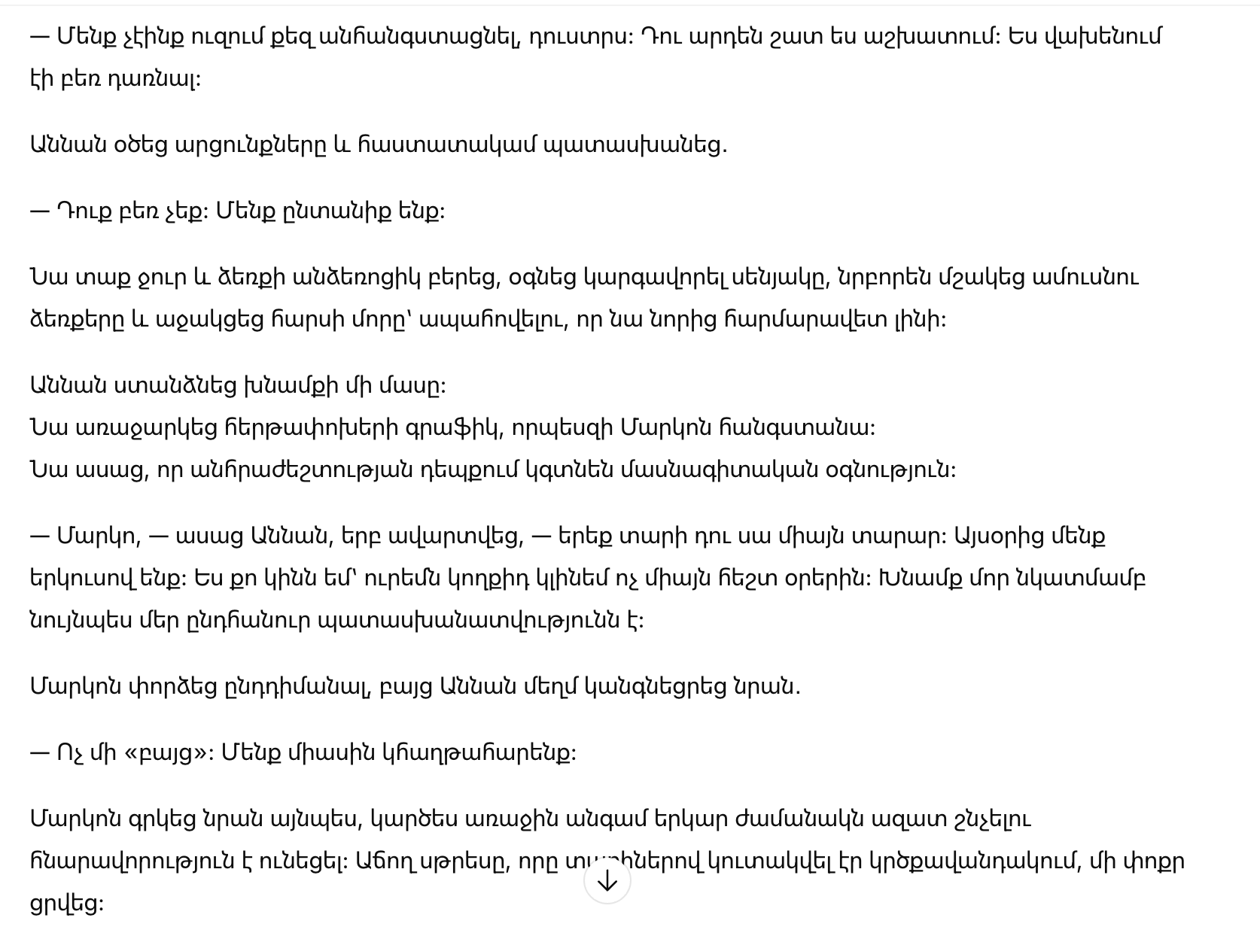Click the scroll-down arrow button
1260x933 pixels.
(607, 881)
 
